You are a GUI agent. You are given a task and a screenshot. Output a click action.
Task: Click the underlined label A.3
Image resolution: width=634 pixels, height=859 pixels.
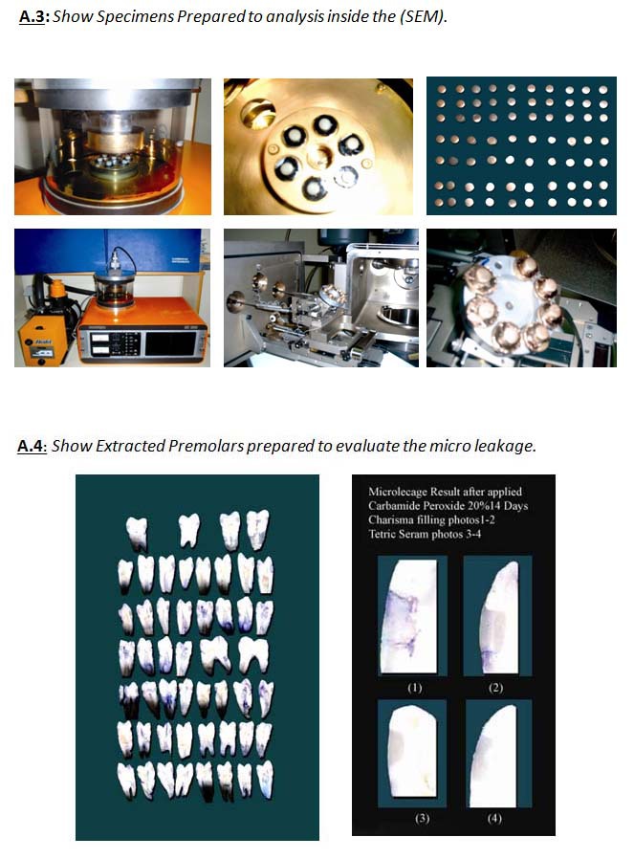click(32, 16)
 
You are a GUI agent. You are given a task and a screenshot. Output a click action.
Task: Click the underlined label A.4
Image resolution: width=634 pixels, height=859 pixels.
click(31, 446)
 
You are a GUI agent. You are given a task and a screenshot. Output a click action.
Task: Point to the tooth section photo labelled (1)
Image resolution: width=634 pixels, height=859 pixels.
click(412, 615)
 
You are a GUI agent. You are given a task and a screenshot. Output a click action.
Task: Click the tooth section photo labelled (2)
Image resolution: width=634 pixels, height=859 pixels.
click(497, 615)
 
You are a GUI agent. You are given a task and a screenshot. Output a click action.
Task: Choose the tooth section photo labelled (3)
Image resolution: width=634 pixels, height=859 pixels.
click(412, 753)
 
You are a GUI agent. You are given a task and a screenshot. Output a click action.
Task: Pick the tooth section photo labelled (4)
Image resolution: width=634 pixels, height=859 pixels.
click(499, 753)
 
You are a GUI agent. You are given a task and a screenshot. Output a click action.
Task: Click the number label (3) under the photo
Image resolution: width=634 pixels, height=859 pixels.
click(422, 819)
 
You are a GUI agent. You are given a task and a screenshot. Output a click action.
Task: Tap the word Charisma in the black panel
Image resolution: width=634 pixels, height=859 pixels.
click(390, 519)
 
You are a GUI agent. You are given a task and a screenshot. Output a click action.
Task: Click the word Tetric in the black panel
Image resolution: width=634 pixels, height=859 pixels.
click(383, 534)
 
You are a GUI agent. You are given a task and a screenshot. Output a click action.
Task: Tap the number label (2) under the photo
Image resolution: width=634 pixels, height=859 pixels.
click(495, 688)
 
